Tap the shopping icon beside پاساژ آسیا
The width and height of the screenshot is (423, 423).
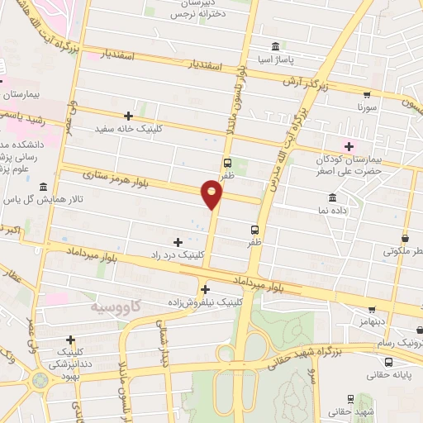coord(275,45)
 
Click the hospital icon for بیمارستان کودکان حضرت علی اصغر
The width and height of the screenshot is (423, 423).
coord(349,146)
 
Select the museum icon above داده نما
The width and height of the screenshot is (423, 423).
coord(332,197)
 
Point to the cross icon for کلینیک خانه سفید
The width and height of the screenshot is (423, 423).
coord(127,116)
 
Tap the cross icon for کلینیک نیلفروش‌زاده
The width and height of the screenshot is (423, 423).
coord(205,289)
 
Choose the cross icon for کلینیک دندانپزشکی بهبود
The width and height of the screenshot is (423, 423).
coord(70,339)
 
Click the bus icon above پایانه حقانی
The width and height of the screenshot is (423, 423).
coord(388,361)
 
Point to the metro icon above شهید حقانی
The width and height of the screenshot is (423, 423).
coord(351,398)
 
